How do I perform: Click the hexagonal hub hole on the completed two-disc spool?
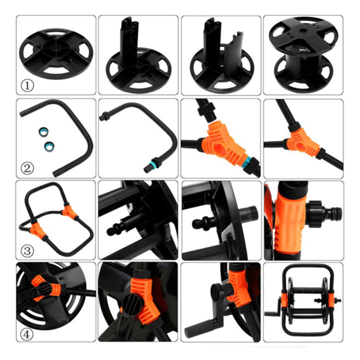(x=302, y=35)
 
